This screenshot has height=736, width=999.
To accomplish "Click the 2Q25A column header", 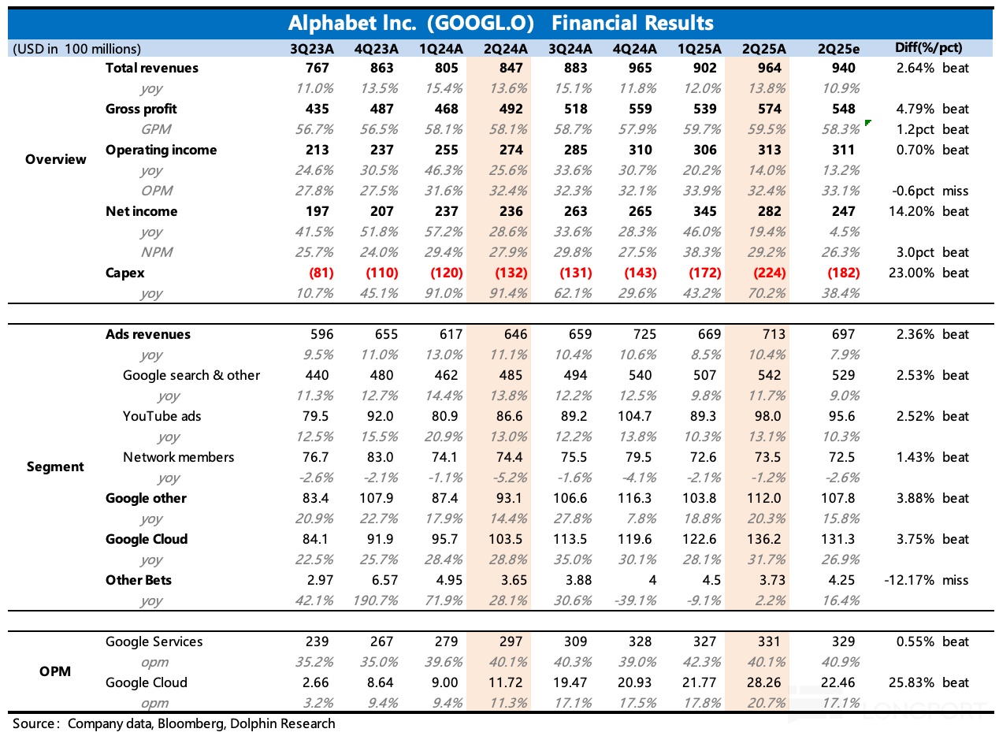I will (762, 48).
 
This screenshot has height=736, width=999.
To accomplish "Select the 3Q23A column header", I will (313, 48).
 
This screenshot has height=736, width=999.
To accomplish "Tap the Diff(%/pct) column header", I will (929, 47).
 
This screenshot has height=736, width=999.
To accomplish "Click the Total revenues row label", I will (152, 68).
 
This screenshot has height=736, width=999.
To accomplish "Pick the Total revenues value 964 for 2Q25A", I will (762, 68).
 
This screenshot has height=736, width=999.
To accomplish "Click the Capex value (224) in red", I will (762, 273).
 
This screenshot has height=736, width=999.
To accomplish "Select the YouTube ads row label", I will (162, 416).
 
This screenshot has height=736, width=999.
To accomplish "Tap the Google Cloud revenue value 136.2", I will (762, 539).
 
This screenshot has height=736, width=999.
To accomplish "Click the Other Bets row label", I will (139, 580).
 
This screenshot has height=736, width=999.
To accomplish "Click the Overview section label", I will (56, 159).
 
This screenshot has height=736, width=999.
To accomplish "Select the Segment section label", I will (55, 467).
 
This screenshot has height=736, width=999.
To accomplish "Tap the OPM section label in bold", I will (55, 671).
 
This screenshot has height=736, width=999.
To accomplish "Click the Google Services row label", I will (154, 641).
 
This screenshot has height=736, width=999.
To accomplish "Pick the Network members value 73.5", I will (762, 457).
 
